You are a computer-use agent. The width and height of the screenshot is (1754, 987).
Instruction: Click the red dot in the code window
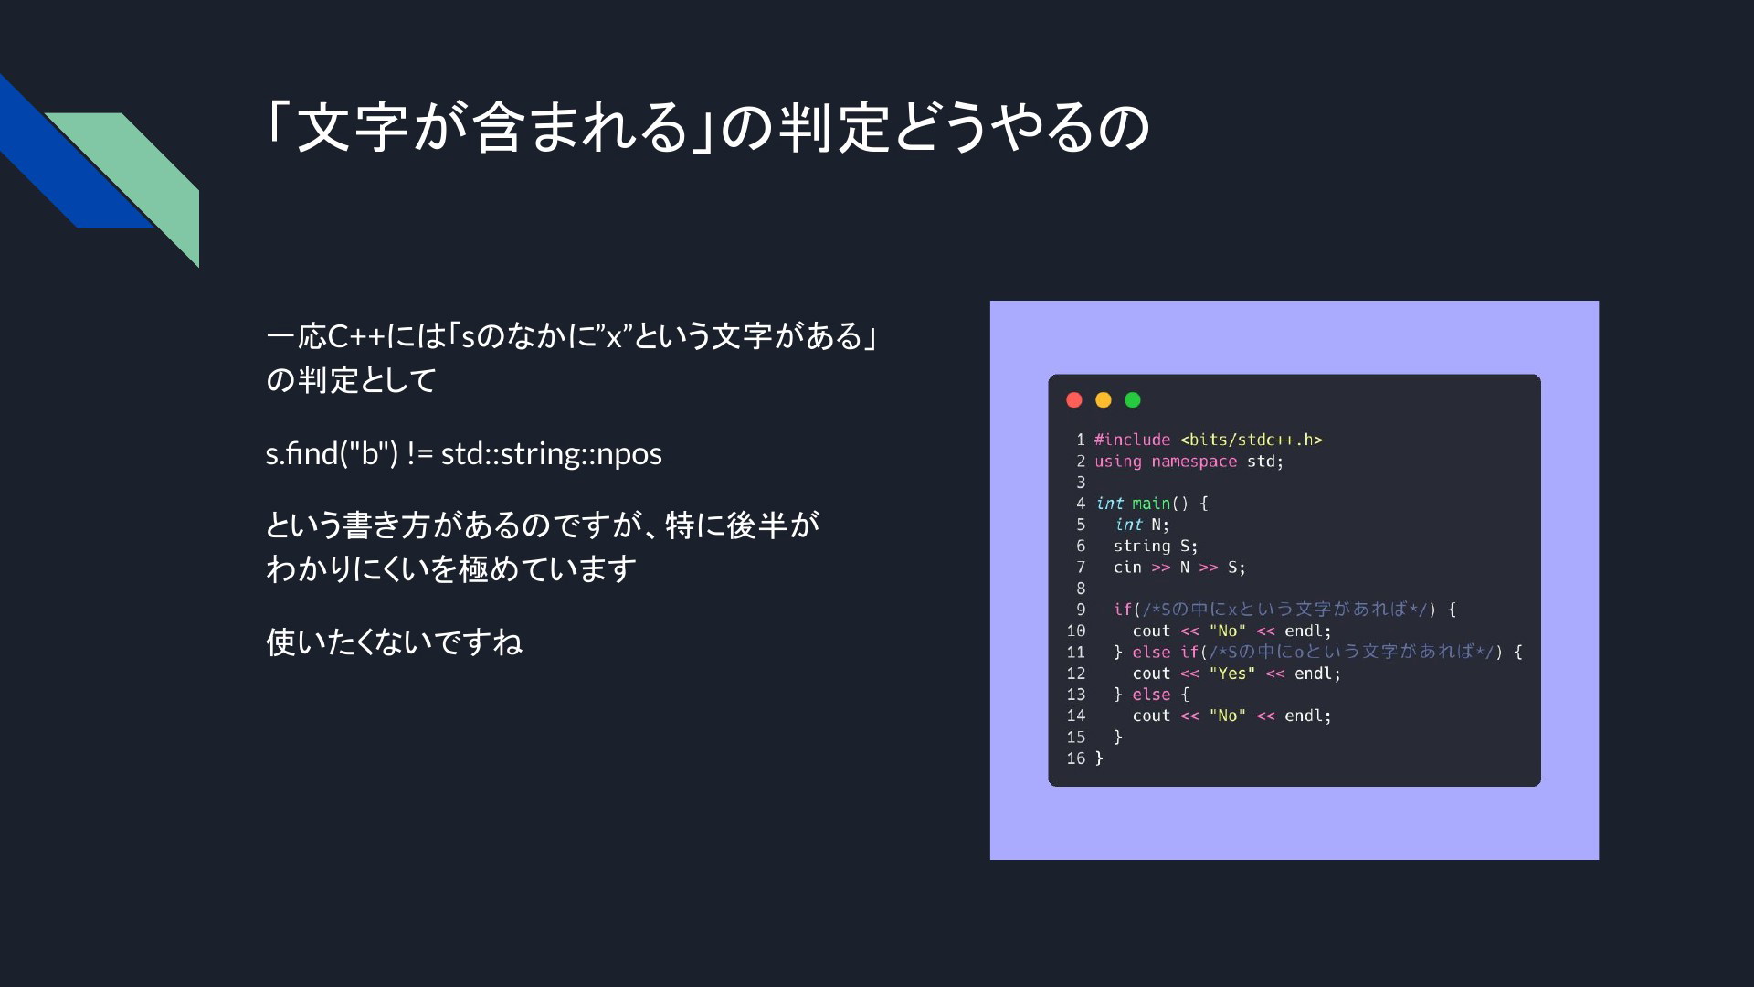1074,399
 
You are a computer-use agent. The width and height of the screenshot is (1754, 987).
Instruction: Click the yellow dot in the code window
1104,399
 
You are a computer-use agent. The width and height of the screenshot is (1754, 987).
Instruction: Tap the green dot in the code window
1133,399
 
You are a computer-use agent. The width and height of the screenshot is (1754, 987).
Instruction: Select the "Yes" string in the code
1232,674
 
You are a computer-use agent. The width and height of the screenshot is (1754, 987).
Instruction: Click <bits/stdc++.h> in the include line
1252,440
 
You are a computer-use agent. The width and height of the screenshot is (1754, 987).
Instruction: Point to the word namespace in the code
1194,462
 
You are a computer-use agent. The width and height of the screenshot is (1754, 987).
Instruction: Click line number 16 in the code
1076,759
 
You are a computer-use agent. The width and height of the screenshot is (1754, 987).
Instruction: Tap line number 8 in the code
1081,589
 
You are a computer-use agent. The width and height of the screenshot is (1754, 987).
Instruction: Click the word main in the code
1151,504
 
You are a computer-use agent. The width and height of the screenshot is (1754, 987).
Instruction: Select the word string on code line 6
1142,547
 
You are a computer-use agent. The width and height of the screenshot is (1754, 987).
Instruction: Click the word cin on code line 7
1127,568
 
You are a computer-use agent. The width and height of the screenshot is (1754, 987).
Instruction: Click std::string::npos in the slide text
552,454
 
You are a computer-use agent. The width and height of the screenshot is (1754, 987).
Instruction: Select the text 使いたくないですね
394,642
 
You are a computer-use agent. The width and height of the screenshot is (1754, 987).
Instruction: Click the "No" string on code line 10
1228,631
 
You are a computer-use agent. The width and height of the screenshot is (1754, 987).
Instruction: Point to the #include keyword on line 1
1132,440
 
